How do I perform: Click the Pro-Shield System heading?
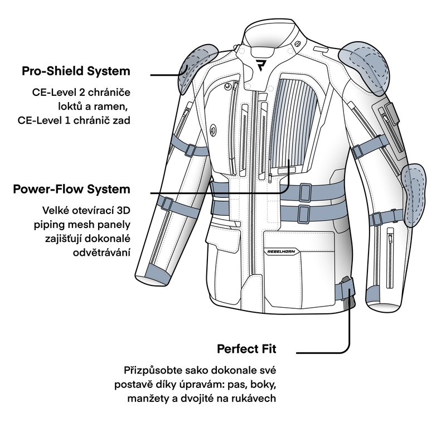(76, 71)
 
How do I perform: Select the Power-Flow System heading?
(71, 190)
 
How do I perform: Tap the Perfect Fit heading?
(246, 350)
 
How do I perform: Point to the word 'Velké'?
(56, 211)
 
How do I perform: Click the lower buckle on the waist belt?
(304, 212)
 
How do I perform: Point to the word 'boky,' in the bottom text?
(261, 385)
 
